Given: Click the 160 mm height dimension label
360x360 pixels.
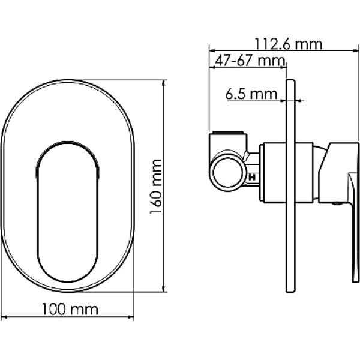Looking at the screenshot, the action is (x=156, y=187).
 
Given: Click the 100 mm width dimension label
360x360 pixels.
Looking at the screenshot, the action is (x=70, y=310).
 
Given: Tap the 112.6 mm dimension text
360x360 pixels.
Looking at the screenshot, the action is (x=289, y=44).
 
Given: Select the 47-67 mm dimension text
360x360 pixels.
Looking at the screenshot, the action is (x=250, y=61).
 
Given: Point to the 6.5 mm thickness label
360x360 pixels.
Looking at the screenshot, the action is (x=251, y=94).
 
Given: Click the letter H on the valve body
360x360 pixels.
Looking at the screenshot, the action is (x=253, y=178).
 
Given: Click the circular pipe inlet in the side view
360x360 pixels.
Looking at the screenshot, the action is (x=228, y=172).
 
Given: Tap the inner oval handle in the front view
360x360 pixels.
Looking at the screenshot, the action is (x=67, y=211).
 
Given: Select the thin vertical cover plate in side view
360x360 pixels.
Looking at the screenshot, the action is (x=290, y=186).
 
